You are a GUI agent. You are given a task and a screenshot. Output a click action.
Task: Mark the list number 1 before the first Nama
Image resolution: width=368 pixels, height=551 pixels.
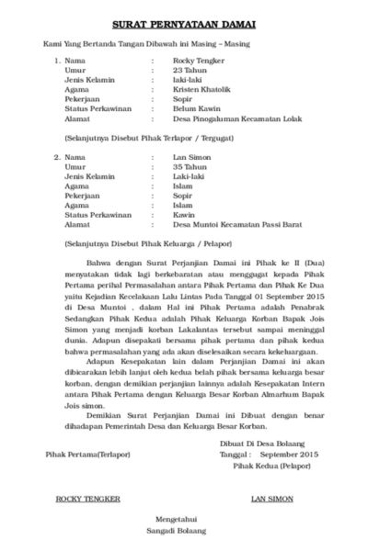click(57, 61)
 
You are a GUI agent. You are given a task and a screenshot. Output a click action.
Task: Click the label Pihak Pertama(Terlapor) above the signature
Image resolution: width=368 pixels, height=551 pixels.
click(88, 454)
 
